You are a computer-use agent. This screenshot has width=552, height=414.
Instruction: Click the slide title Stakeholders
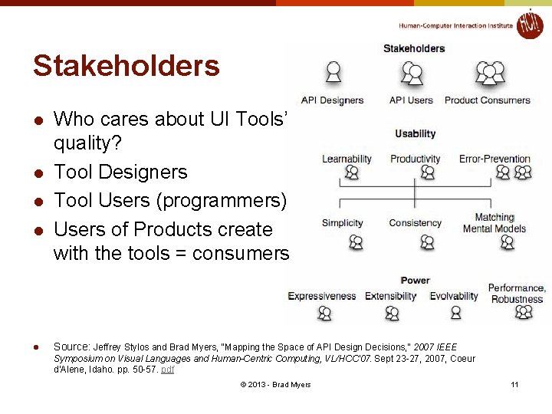point(126,66)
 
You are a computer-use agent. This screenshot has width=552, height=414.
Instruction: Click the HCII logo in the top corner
point(529,25)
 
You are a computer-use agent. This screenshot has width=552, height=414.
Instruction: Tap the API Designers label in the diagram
point(332,100)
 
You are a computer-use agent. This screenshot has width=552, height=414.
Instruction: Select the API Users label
point(411,100)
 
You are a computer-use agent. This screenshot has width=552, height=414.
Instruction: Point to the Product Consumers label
point(487,100)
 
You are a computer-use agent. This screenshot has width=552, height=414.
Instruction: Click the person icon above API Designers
point(333,73)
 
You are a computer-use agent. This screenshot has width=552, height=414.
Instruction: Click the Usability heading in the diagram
point(415,133)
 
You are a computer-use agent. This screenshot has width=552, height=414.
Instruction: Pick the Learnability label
point(347,159)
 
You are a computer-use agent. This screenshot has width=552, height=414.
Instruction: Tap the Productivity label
point(415,159)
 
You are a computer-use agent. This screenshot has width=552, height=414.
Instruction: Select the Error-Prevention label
point(495,159)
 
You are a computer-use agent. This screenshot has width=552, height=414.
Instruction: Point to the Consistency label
point(415,223)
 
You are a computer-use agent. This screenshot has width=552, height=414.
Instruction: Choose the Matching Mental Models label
point(495,223)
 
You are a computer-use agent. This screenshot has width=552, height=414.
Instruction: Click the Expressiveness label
point(322,297)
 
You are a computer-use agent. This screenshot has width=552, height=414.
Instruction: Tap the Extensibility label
point(391,297)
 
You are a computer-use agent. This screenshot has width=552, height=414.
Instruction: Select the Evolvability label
point(454,297)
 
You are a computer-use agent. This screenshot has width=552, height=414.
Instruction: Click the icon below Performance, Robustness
point(524,312)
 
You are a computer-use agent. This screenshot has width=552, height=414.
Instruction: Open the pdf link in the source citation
point(167,369)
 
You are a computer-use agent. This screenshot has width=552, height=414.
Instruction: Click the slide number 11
point(514,384)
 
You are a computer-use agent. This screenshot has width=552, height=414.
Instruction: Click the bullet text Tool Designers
point(120,172)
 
